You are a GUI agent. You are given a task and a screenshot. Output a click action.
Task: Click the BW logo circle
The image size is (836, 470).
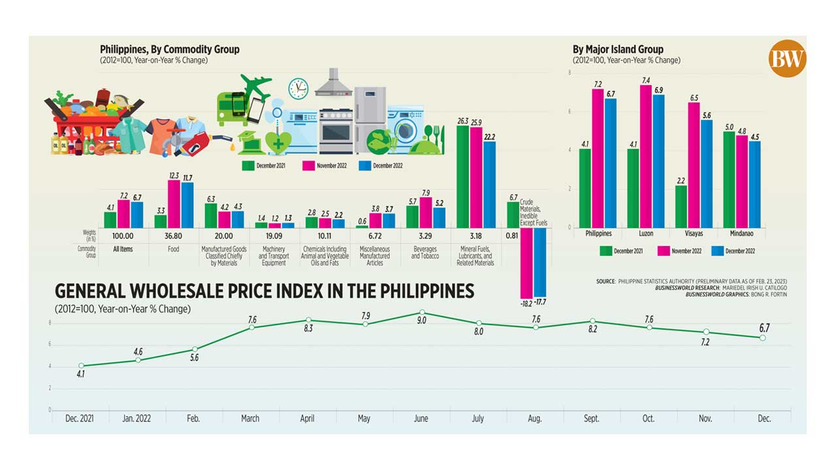click(x=787, y=58)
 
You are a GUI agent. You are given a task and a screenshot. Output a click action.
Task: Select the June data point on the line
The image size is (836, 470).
click(x=422, y=313)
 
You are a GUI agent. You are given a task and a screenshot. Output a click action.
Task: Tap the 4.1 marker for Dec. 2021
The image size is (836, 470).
click(x=82, y=366)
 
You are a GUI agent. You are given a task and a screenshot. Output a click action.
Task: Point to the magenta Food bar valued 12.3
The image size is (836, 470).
click(x=174, y=204)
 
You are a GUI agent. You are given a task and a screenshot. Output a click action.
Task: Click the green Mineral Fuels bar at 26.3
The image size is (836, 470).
click(x=462, y=176)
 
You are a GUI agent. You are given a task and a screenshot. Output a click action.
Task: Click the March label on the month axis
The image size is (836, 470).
click(x=250, y=418)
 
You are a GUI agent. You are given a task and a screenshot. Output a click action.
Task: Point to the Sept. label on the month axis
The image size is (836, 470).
click(x=591, y=418)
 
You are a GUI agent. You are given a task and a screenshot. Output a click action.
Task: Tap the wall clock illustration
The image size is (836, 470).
click(x=298, y=88)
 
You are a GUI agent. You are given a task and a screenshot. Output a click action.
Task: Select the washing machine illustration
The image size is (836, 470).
click(x=405, y=128)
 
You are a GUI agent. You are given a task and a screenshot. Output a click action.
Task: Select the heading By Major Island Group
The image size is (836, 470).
click(x=618, y=49)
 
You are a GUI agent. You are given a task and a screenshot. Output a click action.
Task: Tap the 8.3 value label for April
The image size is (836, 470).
click(x=308, y=328)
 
